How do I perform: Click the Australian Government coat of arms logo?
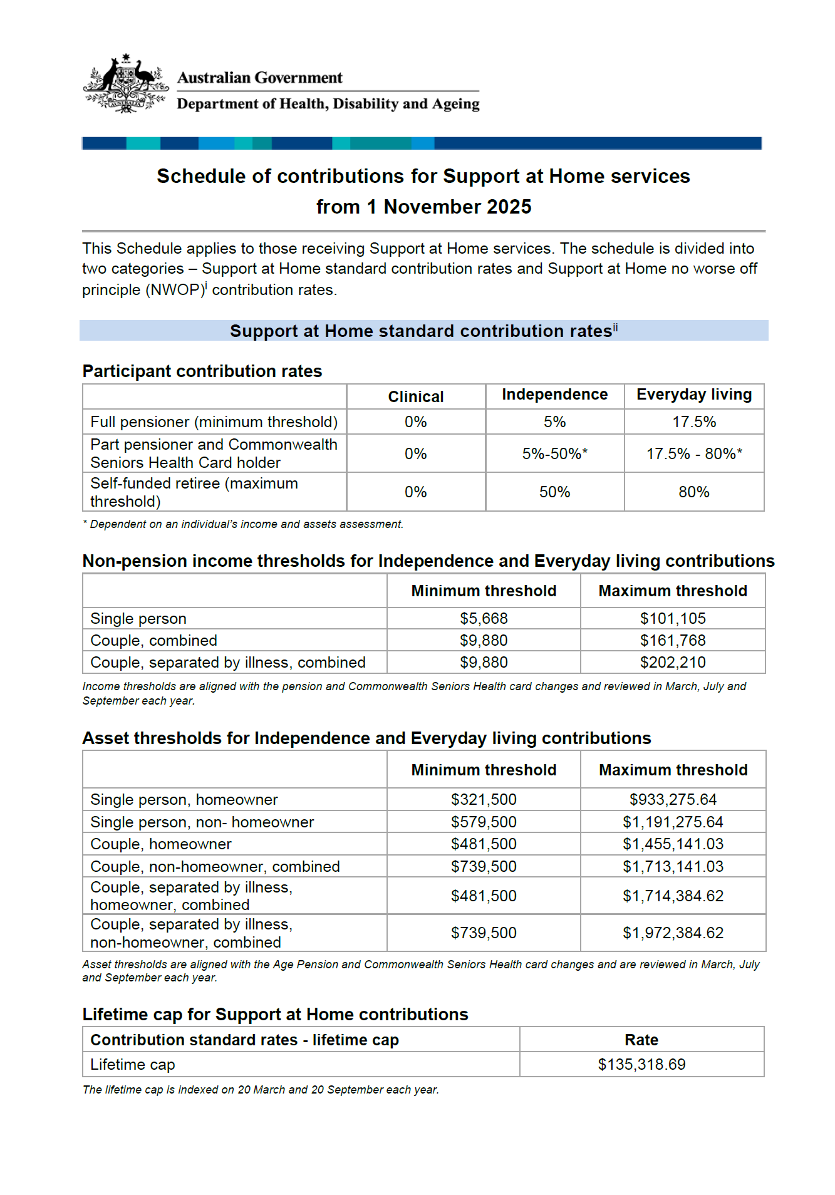pos(126,84)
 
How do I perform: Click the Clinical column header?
pos(415,396)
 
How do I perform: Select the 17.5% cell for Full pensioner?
pos(693,422)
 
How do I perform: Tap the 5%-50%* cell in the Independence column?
pos(554,453)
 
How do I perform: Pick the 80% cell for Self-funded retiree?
pos(693,492)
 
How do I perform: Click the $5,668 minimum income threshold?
pos(484,618)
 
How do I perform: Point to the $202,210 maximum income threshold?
pos(672,662)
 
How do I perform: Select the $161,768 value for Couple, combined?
pos(672,640)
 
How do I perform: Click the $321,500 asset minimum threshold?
pos(484,799)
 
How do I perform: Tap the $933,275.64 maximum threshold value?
pos(673,799)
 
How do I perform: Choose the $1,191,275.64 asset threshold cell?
pos(673,822)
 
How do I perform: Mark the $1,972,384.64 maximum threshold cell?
pos(673,933)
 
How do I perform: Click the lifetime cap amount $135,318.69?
pos(641,1064)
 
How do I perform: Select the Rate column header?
pos(641,1040)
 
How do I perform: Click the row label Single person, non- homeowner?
pos(202,822)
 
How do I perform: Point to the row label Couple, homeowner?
pos(161,844)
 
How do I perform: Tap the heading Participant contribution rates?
pos(202,371)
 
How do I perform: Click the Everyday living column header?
pos(694,394)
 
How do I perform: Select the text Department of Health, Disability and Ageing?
pos(328,104)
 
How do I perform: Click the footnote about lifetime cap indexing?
pos(261,1089)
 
